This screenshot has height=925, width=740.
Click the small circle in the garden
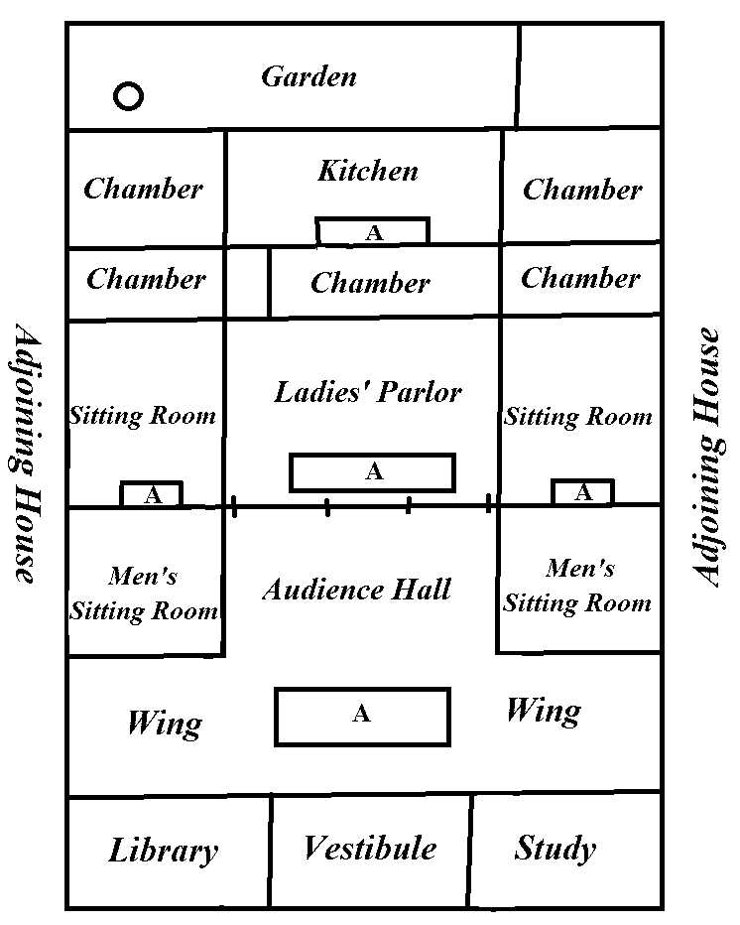(129, 96)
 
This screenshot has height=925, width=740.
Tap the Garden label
(308, 76)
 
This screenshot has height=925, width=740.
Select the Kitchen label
(368, 171)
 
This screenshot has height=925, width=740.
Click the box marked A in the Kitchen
(373, 232)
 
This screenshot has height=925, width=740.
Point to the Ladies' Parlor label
(368, 392)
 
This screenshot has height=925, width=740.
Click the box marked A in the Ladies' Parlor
(372, 472)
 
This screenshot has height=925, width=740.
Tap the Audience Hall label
(357, 590)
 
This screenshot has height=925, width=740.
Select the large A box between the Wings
(362, 716)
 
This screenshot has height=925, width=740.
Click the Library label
(164, 851)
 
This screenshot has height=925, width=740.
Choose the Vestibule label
(369, 849)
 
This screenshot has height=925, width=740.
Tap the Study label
(555, 849)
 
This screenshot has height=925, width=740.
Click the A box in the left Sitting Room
(152, 494)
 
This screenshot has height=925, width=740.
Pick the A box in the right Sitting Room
(582, 492)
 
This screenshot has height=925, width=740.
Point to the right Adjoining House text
(707, 457)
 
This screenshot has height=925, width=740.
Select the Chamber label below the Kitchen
(370, 283)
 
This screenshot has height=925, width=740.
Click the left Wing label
(164, 724)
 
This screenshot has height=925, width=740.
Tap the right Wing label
(543, 711)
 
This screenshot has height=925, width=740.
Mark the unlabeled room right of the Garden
(589, 76)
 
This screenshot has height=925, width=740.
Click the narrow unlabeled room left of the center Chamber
(248, 283)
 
